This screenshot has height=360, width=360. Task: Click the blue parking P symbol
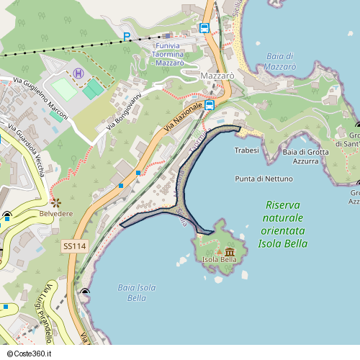tap(127, 37)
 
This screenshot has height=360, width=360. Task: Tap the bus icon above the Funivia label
tap(204, 28)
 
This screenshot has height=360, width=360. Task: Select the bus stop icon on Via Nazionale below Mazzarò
tap(210, 105)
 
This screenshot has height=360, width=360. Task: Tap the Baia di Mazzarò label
tap(280, 61)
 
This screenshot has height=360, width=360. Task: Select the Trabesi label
tap(247, 150)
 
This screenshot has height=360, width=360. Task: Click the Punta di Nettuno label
tap(264, 179)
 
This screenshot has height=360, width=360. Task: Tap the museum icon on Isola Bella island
tap(230, 251)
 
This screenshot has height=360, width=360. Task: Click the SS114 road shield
tap(74, 246)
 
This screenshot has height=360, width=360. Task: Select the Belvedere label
tap(56, 215)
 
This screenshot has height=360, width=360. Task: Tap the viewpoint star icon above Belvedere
tap(56, 202)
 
